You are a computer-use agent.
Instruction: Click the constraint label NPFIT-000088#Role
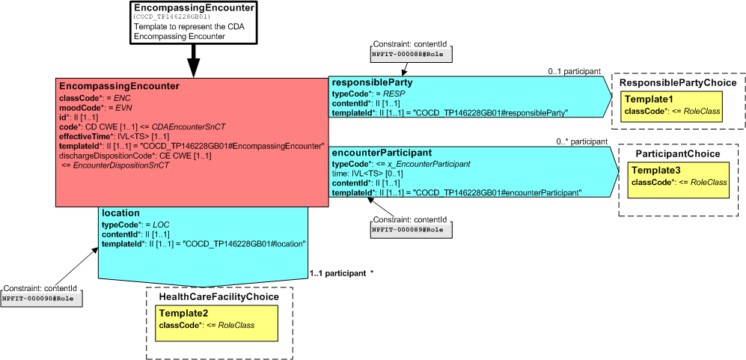pos(411,54)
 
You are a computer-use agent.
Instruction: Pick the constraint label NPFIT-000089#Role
pos(411,230)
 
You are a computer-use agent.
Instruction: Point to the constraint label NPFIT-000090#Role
pos(41,299)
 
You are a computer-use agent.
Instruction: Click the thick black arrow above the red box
pos(193,60)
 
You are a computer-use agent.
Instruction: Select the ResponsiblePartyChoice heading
pos(677,83)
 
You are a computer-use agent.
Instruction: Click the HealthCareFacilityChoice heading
pos(218,296)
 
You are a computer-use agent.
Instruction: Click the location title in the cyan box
pos(121,213)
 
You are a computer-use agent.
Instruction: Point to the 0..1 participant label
pos(574,71)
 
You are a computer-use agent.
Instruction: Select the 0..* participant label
pos(581,141)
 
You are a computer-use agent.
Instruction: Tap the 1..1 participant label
pos(337,273)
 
